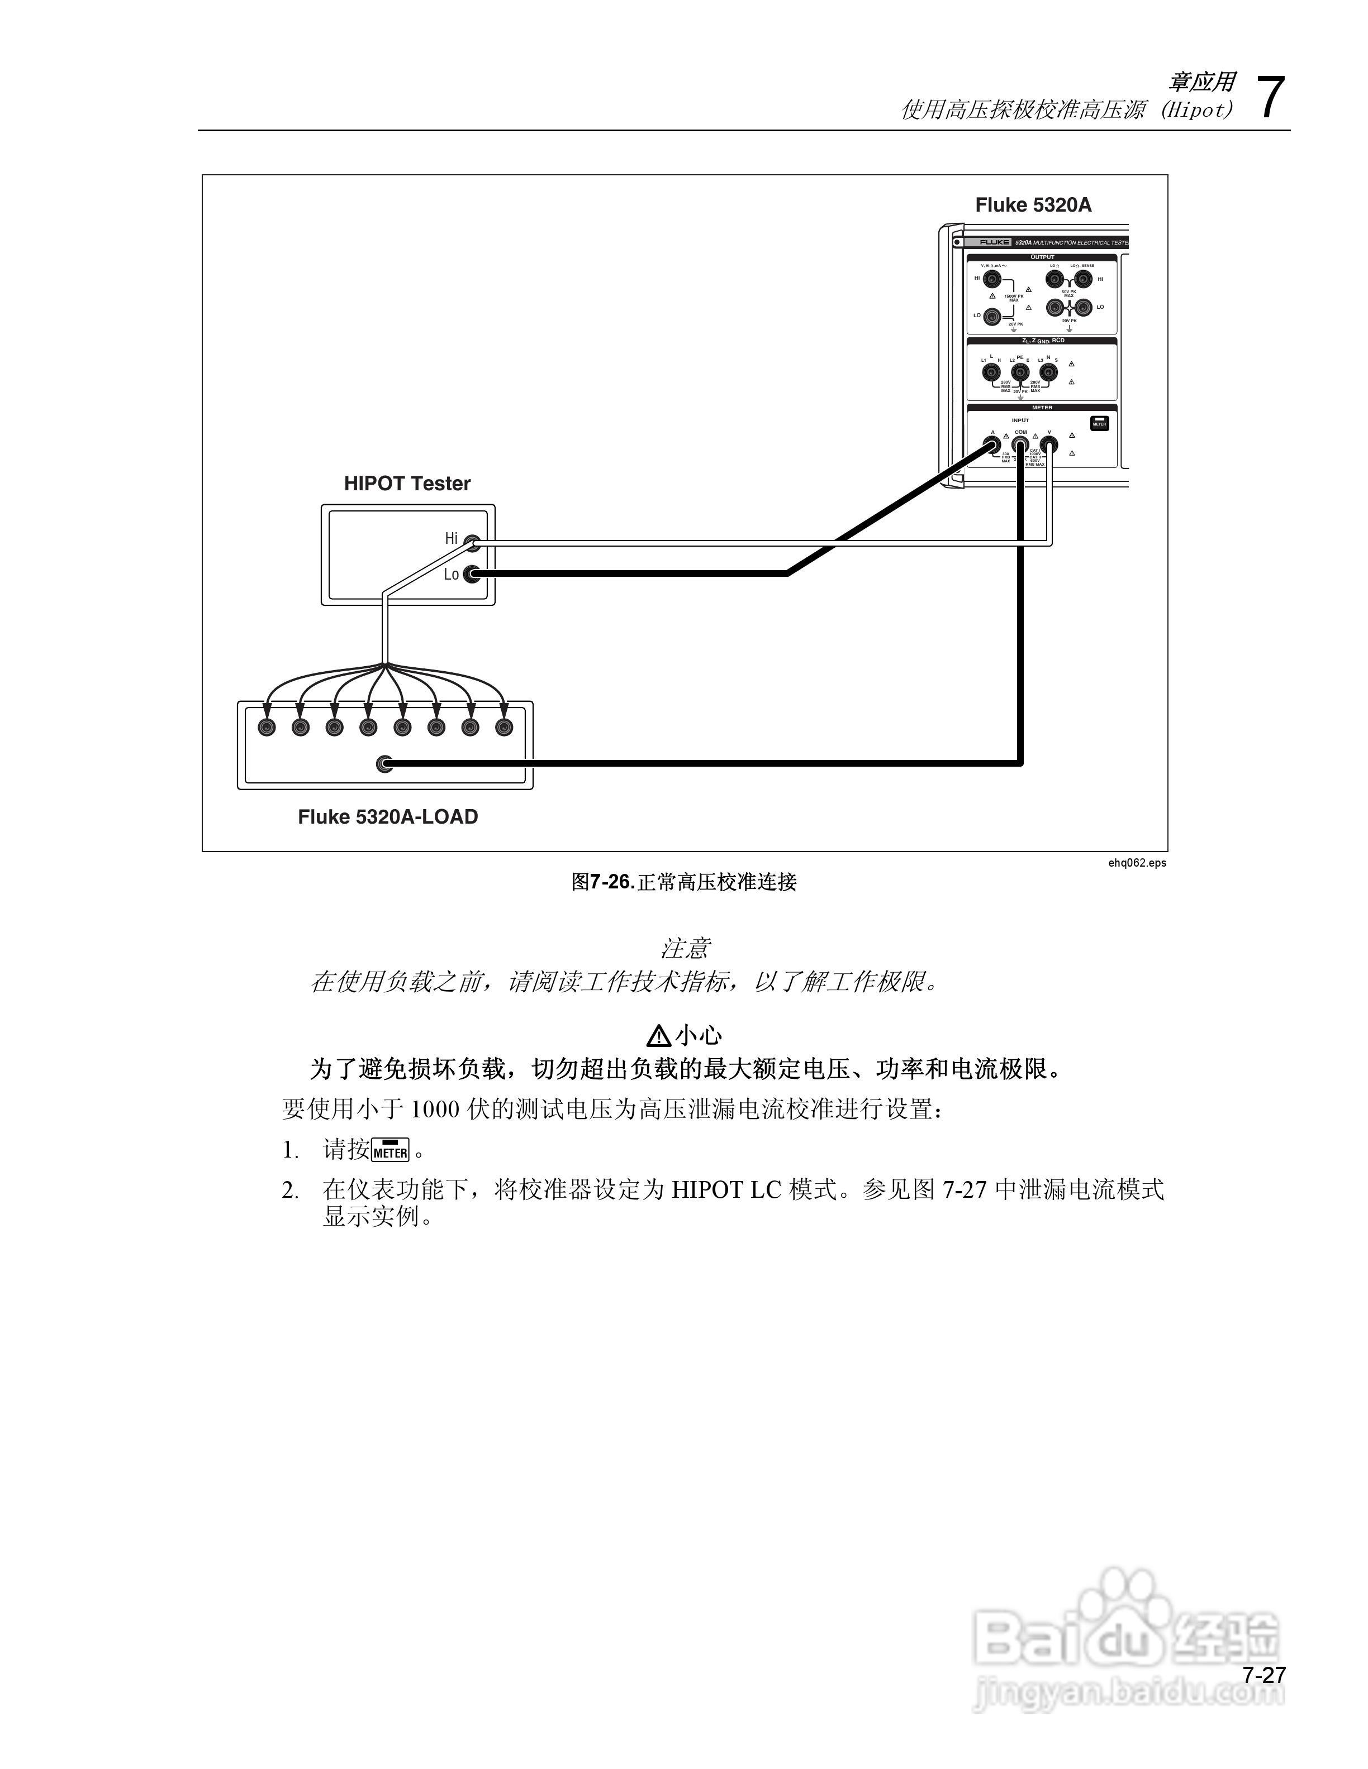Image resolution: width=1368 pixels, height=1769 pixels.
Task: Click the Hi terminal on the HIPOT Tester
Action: (472, 543)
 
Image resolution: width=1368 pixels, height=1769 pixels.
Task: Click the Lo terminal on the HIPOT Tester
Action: (471, 574)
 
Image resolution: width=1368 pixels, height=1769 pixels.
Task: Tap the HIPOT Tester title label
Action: (407, 484)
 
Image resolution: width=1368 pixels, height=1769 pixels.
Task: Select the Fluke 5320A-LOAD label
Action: (387, 816)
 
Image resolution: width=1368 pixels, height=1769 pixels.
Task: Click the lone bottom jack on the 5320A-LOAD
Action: (385, 763)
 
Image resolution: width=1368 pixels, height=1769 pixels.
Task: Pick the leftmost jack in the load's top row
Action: (267, 728)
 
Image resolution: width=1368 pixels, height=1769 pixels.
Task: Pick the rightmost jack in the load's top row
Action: (504, 728)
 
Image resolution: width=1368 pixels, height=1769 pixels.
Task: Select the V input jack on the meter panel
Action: (1049, 444)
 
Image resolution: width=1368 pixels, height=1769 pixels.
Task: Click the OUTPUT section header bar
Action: (1042, 257)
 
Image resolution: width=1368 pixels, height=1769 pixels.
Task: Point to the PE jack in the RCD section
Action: (1020, 372)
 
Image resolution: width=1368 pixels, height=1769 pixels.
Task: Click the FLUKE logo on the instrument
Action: (994, 242)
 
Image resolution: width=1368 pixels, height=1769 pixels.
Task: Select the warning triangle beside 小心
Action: (658, 1035)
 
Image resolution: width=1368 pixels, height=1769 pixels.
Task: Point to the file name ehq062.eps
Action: (1137, 863)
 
